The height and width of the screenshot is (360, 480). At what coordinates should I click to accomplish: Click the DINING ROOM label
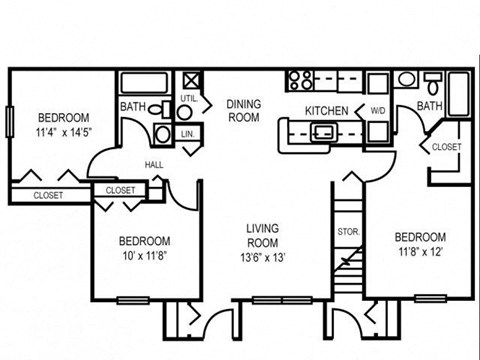click(243, 110)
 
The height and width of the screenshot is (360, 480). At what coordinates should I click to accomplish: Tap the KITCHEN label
click(326, 110)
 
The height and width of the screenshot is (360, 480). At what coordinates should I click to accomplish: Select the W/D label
click(377, 110)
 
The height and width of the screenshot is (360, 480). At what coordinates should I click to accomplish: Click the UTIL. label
click(188, 98)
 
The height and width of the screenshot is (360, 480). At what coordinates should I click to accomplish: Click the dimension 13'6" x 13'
click(262, 255)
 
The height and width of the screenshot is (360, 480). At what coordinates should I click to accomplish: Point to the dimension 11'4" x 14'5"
click(63, 130)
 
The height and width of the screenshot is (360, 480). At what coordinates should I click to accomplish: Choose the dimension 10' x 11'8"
click(144, 255)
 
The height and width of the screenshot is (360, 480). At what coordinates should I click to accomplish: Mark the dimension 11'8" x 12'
click(419, 251)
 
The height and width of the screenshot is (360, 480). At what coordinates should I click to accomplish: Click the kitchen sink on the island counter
click(324, 131)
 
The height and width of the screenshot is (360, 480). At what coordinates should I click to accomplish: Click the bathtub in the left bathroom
click(147, 84)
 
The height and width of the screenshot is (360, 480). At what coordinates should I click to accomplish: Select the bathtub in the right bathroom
click(457, 95)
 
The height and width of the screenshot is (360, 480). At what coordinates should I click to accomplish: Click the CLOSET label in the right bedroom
click(446, 147)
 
